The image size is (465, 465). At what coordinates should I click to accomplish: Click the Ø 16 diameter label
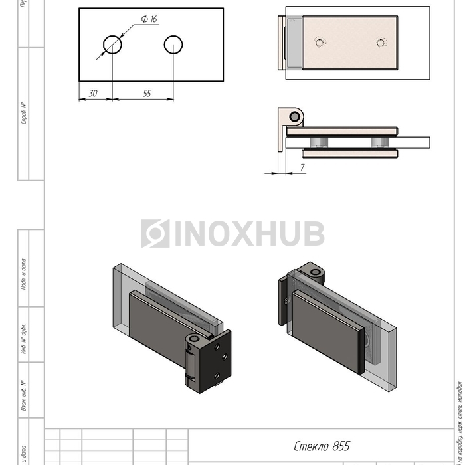coord(149,19)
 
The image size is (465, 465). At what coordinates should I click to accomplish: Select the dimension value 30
coord(93,94)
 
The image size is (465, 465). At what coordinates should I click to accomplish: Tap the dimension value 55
coord(147,94)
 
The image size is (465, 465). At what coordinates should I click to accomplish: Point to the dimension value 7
coord(302,167)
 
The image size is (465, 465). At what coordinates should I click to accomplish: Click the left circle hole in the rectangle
coord(112,45)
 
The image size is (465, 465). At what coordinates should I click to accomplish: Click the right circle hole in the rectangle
coord(173,45)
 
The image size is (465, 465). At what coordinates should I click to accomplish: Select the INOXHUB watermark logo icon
coord(155,234)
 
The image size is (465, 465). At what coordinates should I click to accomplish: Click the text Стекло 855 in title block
coord(322,446)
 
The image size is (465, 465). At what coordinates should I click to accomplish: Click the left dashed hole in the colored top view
coord(320,43)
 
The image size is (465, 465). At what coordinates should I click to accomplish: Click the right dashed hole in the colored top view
coord(380,43)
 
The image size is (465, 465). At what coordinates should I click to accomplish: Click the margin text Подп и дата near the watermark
coord(23,273)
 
